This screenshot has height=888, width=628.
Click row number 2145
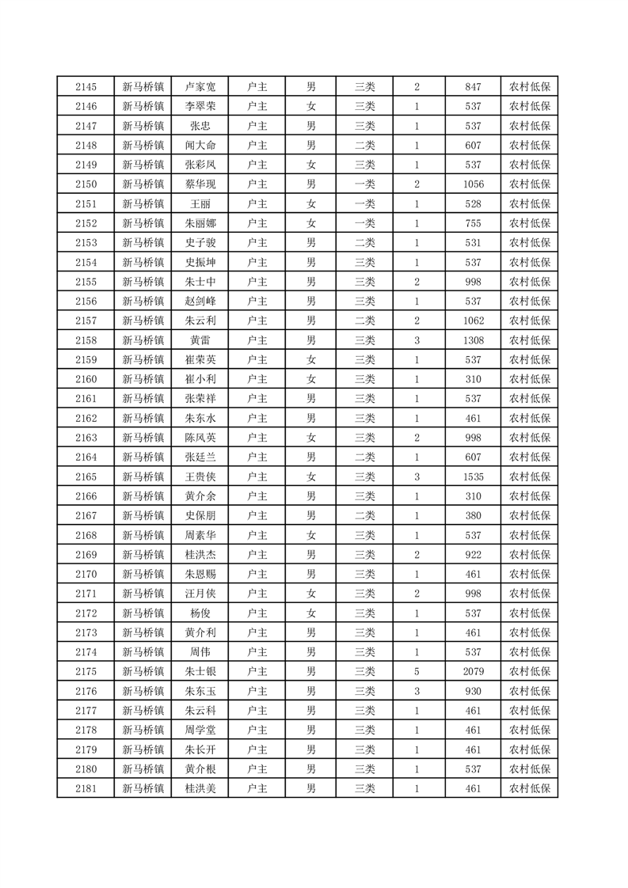point(86,87)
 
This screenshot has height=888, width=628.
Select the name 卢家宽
point(200,87)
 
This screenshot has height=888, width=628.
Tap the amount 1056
point(474,184)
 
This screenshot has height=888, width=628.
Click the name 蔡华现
point(200,184)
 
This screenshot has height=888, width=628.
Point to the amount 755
point(474,223)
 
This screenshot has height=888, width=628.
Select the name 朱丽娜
point(200,223)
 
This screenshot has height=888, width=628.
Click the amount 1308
point(474,340)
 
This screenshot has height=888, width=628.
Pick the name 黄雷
point(200,340)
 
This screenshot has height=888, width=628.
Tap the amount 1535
point(474,476)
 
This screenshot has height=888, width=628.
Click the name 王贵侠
point(200,476)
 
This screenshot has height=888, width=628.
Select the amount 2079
point(474,671)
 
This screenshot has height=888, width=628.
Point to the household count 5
point(417,671)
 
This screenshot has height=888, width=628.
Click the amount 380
point(474,515)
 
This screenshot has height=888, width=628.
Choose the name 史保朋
point(200,515)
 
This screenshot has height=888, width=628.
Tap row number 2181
point(86,788)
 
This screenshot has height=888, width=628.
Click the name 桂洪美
point(200,788)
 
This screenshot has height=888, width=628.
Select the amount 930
point(474,691)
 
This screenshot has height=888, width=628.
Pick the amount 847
point(474,87)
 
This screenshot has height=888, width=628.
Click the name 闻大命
point(200,146)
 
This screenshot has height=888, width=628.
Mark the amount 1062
point(474,321)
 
